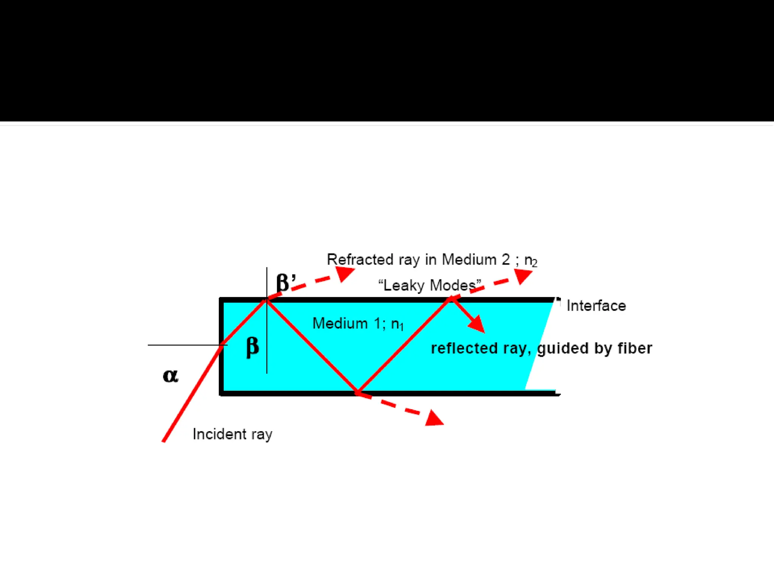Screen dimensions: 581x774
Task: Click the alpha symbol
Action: [170, 376]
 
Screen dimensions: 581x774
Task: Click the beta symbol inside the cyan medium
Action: [252, 346]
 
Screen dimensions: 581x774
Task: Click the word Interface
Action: [596, 306]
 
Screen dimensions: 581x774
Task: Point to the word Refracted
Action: [360, 259]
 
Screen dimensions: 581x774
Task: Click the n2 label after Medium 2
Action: [531, 260]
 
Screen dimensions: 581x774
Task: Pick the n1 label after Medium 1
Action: [397, 324]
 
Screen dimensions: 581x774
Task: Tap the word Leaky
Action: [404, 285]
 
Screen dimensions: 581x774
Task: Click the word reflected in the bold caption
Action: [464, 348]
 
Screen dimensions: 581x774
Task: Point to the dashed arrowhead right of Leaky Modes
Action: [522, 275]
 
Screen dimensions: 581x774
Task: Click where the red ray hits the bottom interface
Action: [358, 392]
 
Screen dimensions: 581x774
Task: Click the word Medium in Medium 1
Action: [340, 323]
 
